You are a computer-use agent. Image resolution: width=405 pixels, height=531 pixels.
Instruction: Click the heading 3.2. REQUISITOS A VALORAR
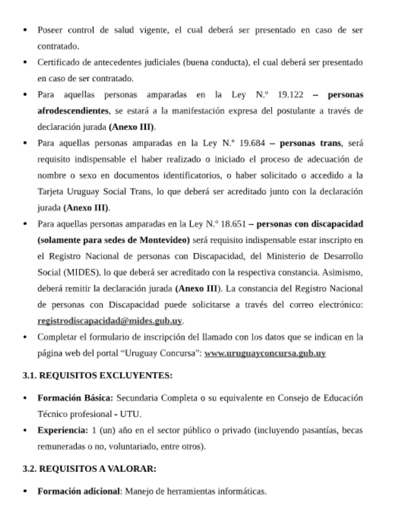tap(90, 469)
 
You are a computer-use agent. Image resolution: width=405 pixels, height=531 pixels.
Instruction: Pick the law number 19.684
tap(250, 144)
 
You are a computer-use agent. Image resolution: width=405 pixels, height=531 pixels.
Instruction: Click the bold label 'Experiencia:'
tap(63, 431)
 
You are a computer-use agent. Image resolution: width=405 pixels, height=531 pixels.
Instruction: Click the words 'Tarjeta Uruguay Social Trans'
tap(89, 192)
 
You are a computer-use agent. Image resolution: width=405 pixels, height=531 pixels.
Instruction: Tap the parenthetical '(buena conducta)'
tap(215, 63)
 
